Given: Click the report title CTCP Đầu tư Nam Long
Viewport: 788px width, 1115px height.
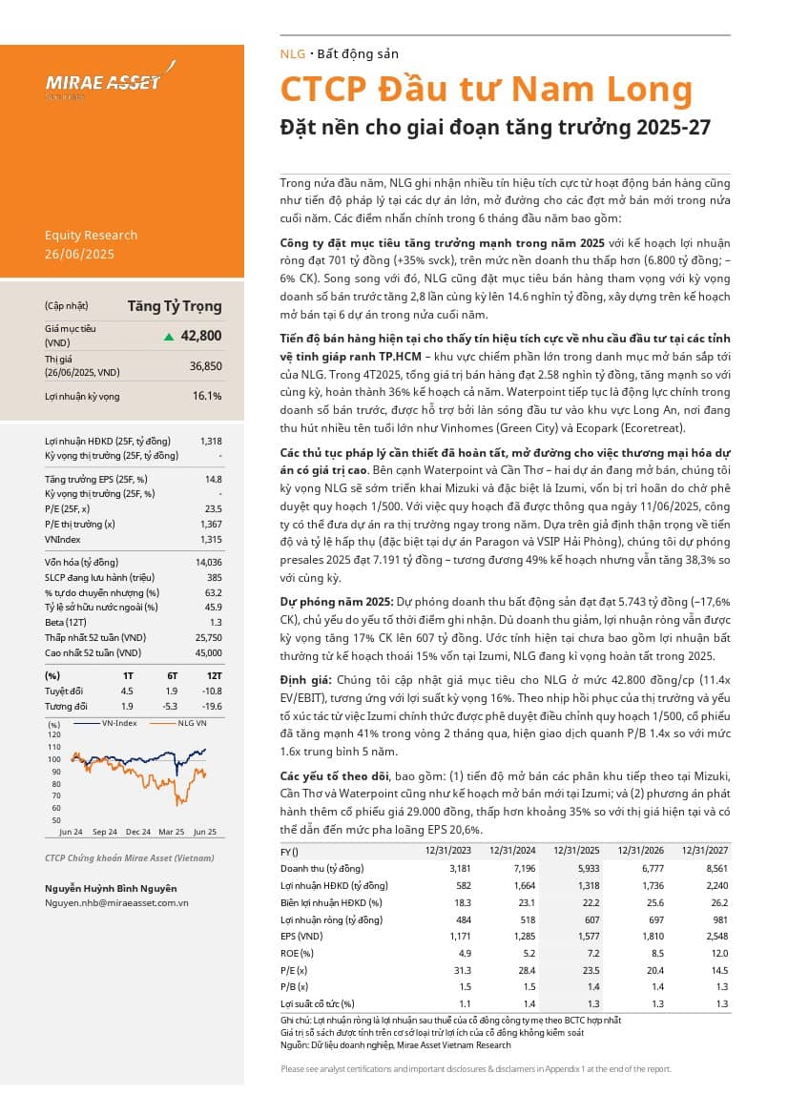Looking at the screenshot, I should (486, 89).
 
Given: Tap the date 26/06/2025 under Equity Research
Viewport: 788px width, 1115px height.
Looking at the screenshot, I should (80, 254).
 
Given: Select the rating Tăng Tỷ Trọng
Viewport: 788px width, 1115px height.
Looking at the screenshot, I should (175, 306).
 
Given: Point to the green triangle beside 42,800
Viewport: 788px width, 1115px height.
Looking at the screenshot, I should (169, 337).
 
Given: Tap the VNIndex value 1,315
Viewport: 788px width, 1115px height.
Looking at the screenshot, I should (209, 539).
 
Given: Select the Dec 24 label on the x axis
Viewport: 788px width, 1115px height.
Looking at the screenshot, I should (138, 832).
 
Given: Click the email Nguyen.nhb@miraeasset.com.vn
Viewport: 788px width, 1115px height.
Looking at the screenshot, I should (116, 901).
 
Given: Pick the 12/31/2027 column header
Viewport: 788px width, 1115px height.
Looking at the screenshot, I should (704, 851).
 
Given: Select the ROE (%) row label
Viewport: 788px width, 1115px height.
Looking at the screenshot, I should (297, 952).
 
